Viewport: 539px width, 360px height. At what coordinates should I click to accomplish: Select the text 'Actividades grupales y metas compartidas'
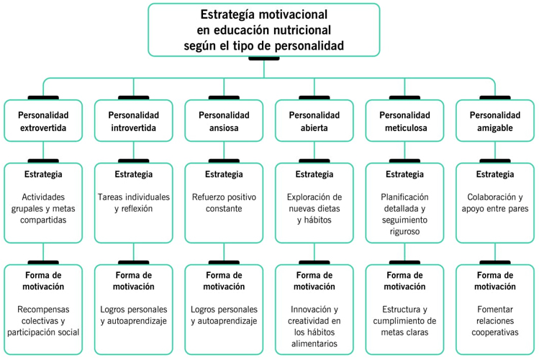44,208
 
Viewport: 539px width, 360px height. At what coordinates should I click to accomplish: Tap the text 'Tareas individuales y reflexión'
134,202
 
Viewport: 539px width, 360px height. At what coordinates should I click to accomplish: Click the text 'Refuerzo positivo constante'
224,202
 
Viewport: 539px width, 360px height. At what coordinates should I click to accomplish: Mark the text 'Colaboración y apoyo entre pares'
494,202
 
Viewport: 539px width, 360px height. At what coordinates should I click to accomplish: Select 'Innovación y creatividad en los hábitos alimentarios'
314,326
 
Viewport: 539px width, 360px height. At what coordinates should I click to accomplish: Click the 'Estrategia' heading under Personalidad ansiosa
224,175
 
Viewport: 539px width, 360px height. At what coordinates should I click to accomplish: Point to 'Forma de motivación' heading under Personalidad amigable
494,281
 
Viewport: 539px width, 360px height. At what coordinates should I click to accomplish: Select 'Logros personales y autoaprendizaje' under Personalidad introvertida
134,315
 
